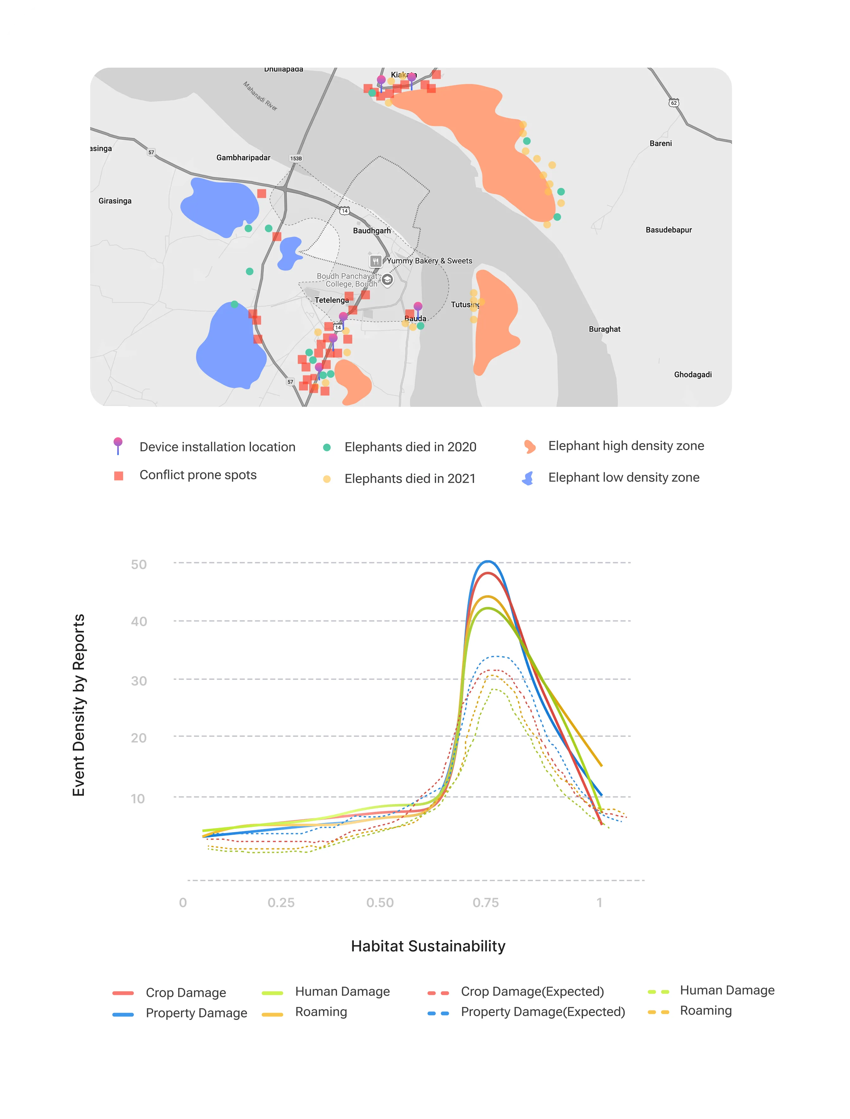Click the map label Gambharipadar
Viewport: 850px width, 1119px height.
[x=243, y=158]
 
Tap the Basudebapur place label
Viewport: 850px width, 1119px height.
[x=668, y=230]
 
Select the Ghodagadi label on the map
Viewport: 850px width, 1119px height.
[x=693, y=374]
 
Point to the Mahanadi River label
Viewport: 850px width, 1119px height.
[x=260, y=96]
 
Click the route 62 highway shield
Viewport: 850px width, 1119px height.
[x=673, y=103]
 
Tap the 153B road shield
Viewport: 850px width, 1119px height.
[x=296, y=158]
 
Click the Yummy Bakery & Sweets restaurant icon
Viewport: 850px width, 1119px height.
[x=375, y=261]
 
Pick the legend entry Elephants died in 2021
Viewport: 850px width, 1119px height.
[x=410, y=479]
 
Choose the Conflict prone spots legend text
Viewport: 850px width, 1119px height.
[x=198, y=475]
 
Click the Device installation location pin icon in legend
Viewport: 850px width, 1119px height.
[x=118, y=445]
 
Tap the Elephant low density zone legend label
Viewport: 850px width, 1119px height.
[x=623, y=477]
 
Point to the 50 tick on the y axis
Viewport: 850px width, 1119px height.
[x=139, y=564]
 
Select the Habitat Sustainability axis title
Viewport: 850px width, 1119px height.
[x=428, y=946]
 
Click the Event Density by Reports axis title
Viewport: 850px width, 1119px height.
[x=79, y=705]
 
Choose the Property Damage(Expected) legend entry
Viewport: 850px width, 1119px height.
[x=542, y=1012]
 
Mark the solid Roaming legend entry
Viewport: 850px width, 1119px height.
[x=321, y=1012]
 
